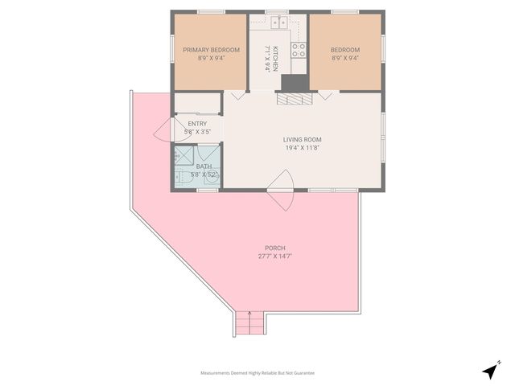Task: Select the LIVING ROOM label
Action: point(303,139)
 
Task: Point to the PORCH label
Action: point(275,248)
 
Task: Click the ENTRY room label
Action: point(197,123)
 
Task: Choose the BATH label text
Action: point(204,166)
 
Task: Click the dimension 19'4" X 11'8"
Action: point(303,147)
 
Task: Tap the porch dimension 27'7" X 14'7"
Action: point(275,257)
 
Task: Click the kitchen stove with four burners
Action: point(299,51)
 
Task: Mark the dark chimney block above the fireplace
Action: point(293,83)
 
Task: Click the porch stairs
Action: point(249,324)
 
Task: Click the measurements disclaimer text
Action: point(257,373)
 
